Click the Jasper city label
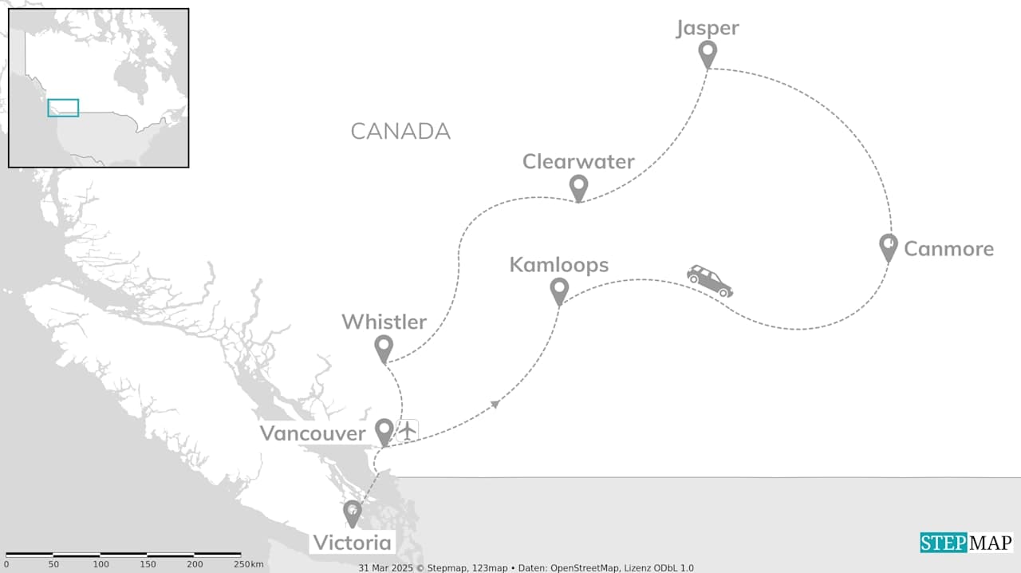(708, 29)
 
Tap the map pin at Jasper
(708, 53)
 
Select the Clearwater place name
(578, 162)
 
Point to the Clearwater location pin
(578, 188)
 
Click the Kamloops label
(558, 265)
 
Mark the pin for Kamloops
(559, 290)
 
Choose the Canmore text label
(948, 249)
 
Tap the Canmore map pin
(888, 247)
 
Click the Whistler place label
(384, 322)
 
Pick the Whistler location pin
(384, 348)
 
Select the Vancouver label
(312, 433)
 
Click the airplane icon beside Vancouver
(408, 430)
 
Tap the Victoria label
(352, 543)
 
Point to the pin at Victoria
(352, 512)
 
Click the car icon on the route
(709, 281)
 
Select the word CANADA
(400, 132)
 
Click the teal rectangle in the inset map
(63, 108)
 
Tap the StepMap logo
(966, 543)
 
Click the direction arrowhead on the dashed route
(496, 404)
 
